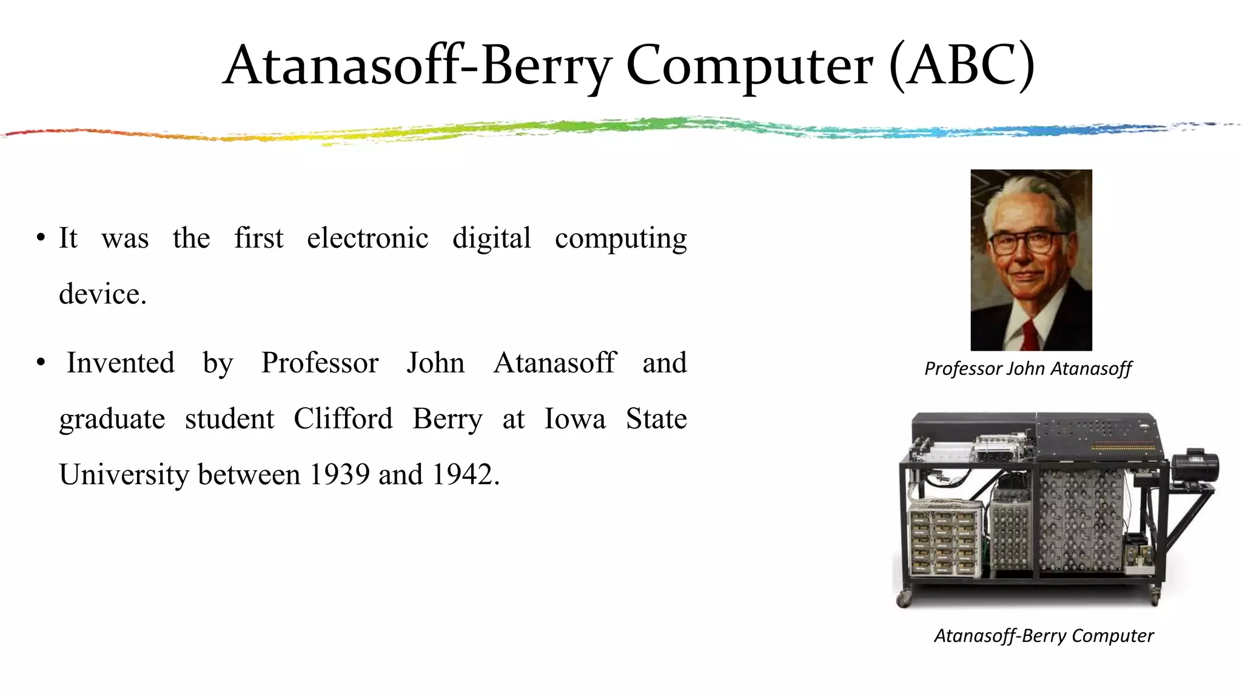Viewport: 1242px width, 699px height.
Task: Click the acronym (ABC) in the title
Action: (x=962, y=66)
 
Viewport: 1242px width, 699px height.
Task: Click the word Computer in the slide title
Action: (x=750, y=66)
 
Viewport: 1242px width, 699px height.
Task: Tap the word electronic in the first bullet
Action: (x=368, y=238)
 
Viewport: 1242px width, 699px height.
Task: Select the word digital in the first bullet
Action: (x=492, y=238)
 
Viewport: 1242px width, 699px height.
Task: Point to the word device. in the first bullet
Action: (x=102, y=294)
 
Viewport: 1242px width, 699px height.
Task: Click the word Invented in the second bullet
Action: (x=121, y=363)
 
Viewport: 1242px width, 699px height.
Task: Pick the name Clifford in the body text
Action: (x=343, y=419)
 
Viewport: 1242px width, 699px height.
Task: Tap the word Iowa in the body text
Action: (x=575, y=419)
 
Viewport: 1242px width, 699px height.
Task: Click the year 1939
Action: (x=340, y=474)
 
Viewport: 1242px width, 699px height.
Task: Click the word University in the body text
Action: (x=124, y=474)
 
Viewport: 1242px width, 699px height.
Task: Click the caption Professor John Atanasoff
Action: (x=1028, y=368)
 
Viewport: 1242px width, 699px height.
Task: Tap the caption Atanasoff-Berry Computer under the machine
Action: (x=1044, y=635)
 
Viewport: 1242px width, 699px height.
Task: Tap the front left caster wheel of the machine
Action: (x=904, y=599)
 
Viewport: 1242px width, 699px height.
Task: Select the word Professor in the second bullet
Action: (x=320, y=363)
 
